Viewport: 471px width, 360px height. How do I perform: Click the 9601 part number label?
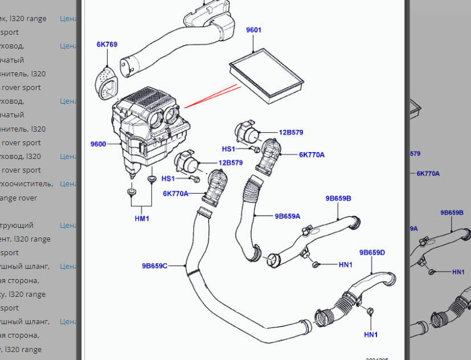coord(253,30)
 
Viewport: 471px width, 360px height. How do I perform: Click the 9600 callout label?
coord(98,144)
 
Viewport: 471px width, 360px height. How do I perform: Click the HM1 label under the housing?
coord(141,218)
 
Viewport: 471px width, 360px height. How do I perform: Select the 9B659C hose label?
coord(154,265)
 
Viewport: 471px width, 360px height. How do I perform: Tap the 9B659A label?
coord(287,216)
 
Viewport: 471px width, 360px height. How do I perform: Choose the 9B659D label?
coord(372,252)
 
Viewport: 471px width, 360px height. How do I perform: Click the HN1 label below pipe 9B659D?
coord(371,334)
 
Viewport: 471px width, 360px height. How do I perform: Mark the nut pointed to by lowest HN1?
coord(370,311)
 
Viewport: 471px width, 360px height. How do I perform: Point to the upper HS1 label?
coord(228,149)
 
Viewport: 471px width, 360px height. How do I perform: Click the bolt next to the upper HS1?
coord(256,149)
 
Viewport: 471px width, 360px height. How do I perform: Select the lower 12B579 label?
coord(230,162)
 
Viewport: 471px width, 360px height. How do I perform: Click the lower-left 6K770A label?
coord(175,194)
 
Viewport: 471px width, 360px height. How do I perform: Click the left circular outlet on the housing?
coord(155,118)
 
